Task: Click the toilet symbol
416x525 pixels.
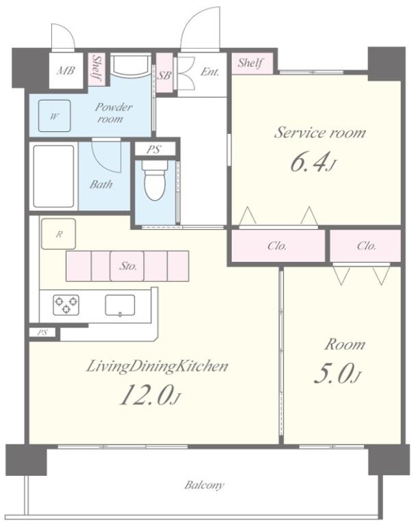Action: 155,180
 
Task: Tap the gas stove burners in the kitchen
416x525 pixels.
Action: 66,305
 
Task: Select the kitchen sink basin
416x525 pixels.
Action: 120,305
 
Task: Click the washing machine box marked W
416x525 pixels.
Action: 54,116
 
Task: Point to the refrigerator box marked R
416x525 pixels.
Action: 58,234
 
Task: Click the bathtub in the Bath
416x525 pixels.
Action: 53,176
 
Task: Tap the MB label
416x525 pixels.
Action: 66,70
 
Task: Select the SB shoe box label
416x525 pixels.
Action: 164,75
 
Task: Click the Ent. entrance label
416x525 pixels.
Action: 209,71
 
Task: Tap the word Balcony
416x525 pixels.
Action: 204,485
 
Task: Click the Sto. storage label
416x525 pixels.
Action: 128,266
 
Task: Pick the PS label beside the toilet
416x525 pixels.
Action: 154,149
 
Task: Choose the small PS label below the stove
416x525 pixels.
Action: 42,332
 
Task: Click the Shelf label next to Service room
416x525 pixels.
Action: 250,63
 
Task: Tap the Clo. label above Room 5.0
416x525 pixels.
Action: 366,246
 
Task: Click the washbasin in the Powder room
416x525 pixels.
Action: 130,66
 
